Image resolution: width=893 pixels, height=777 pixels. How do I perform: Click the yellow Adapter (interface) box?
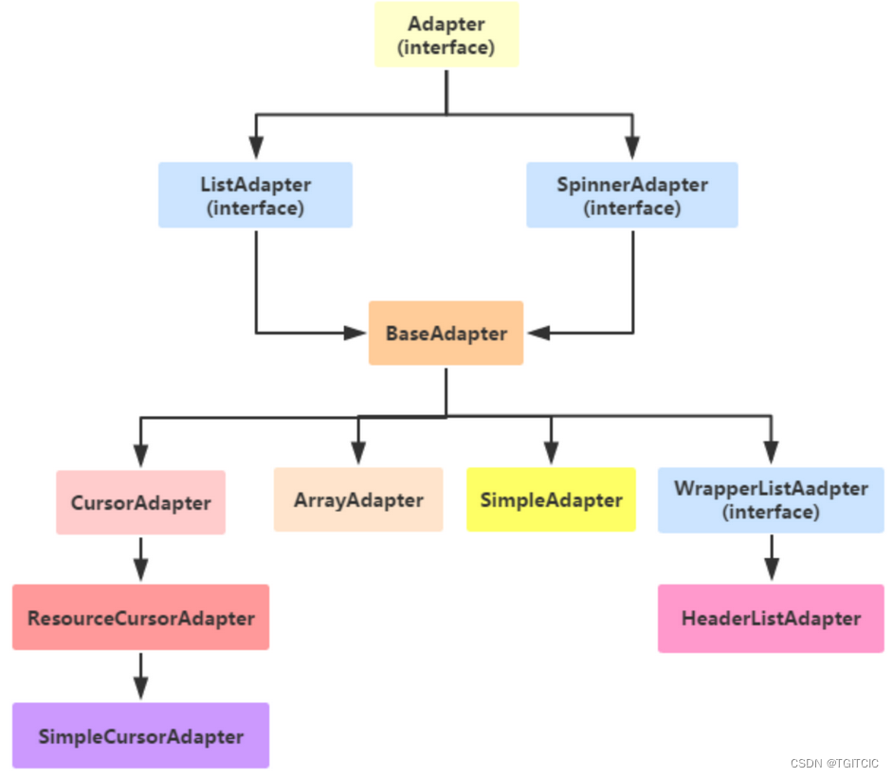coord(446,35)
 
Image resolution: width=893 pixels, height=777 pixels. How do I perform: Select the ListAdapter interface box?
coord(255,195)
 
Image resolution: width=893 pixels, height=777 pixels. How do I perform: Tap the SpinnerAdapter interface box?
coord(631,195)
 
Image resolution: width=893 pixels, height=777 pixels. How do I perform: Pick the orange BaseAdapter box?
coord(446,334)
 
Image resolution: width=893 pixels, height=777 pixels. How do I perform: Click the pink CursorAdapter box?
coord(140,502)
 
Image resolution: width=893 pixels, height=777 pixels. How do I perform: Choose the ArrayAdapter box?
coord(358,499)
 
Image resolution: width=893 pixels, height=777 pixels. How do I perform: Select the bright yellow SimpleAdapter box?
coord(551,499)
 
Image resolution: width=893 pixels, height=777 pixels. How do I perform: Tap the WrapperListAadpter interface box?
coord(771,499)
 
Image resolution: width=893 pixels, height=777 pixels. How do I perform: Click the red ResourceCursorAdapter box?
coord(140,618)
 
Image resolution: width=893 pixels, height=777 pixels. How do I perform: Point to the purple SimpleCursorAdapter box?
coord(140,736)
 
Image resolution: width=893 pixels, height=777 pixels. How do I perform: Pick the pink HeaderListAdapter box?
coord(771,619)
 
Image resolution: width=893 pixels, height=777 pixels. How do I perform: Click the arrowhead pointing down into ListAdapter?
coord(255,149)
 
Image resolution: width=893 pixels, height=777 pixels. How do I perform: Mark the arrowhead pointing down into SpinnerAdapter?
coord(632,149)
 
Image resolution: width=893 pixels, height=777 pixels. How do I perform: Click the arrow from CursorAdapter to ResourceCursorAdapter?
coord(140,559)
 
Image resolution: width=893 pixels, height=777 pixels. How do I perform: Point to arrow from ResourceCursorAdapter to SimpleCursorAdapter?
coord(140,677)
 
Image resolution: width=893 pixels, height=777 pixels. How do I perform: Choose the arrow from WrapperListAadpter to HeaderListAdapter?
coord(772,558)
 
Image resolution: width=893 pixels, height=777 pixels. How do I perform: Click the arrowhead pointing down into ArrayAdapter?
coord(358,453)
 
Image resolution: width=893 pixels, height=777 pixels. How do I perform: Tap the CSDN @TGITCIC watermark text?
coord(834,764)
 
